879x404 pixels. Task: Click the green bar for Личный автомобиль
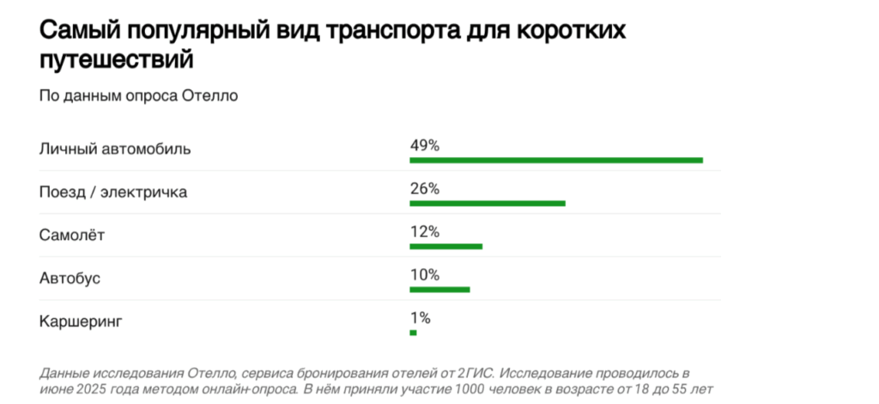coord(556,160)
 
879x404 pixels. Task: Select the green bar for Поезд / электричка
coord(488,203)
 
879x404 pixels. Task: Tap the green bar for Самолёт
coord(446,246)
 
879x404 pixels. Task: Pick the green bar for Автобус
coord(439,289)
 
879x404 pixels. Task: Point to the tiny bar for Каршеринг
coord(413,333)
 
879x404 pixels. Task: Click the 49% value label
coord(424,146)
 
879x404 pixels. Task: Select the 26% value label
coord(424,189)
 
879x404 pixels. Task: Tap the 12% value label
coord(424,232)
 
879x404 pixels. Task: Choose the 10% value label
coord(424,274)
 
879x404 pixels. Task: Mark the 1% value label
coord(420,318)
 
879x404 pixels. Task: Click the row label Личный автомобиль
coord(115,149)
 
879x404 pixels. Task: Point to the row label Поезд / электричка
coord(113,192)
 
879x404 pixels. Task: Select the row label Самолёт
coord(72,235)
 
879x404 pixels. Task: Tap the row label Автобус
coord(70,278)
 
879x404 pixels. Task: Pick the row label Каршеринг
coord(82,322)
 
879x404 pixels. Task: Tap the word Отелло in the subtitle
coord(210,95)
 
